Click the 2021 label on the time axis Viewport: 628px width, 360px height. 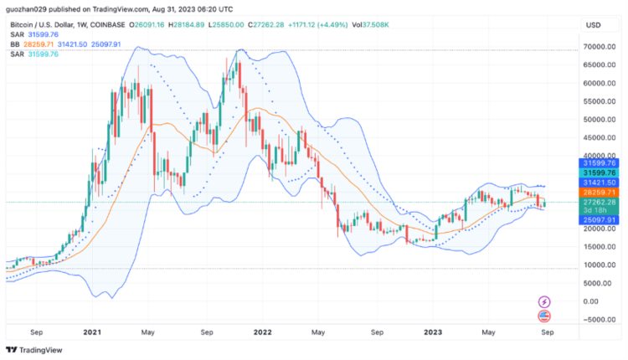click(93, 332)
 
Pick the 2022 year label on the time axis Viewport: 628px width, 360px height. click(263, 332)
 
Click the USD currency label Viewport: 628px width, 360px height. click(594, 25)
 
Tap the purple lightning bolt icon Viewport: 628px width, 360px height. click(545, 301)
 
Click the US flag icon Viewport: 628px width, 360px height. click(545, 316)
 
